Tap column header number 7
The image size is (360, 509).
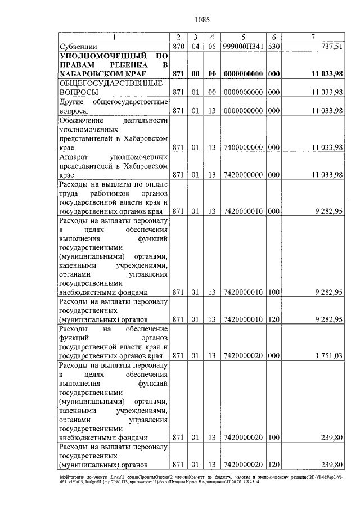tap(312, 37)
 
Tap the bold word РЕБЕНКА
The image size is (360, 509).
tap(137, 65)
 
